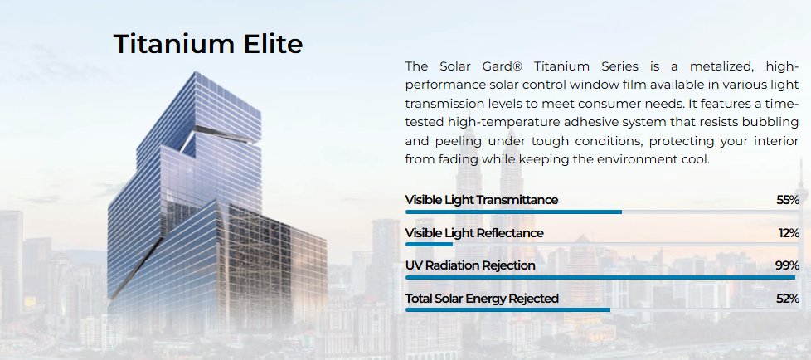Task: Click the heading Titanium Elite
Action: pos(207,43)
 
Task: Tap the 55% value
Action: pos(788,200)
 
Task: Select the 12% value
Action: pos(789,233)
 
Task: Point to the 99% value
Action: pos(787,266)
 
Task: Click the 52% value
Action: pos(788,299)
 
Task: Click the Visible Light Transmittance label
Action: pos(482,200)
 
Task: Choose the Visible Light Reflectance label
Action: pos(474,233)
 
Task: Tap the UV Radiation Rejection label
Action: pos(470,266)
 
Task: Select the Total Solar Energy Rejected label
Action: pos(482,299)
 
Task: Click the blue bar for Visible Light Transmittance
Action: pos(513,212)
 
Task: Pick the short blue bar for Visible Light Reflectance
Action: pos(429,244)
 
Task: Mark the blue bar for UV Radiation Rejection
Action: pos(600,277)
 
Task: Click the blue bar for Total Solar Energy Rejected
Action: pos(507,310)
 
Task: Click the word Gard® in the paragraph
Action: pos(499,66)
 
